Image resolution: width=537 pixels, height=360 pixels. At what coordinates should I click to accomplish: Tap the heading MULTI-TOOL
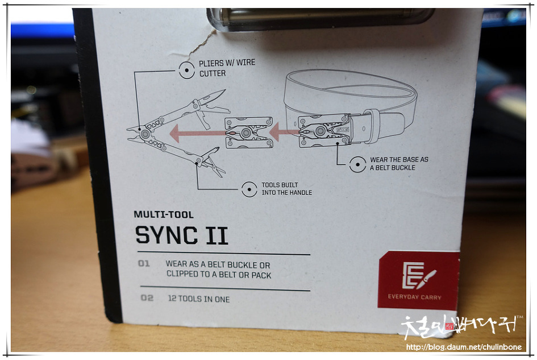click(x=164, y=215)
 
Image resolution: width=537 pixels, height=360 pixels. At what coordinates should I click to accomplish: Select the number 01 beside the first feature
click(x=144, y=264)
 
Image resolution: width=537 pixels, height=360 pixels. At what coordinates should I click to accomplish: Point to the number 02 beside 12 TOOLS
click(x=147, y=298)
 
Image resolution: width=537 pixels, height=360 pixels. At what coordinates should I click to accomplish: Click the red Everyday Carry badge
click(x=418, y=280)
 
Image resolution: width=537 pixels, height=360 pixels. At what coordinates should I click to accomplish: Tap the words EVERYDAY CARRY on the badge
click(x=414, y=297)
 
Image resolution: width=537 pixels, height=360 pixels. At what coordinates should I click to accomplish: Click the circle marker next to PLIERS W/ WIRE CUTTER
click(x=186, y=71)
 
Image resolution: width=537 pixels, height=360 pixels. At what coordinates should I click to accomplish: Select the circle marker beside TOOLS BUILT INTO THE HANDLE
click(x=249, y=189)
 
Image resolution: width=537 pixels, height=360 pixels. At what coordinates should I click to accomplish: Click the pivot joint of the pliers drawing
click(x=146, y=133)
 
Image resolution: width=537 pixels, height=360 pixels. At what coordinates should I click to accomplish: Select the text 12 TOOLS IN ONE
click(x=199, y=299)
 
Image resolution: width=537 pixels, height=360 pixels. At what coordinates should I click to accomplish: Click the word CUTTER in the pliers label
click(x=213, y=74)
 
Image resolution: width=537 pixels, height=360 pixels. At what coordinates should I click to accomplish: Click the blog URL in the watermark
click(x=463, y=347)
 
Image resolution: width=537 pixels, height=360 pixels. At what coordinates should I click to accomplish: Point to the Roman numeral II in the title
click(x=217, y=235)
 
